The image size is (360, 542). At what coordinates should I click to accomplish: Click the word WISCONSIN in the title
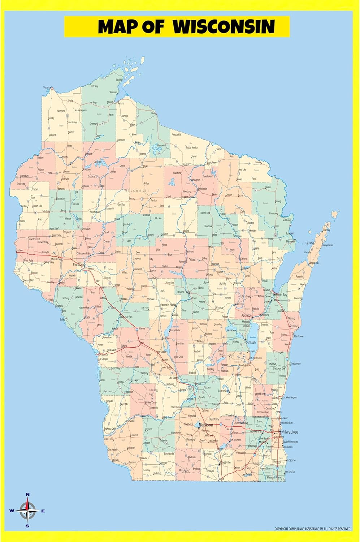224,26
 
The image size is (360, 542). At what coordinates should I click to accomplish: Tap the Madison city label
206,425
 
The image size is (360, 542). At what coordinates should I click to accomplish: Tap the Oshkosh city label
251,343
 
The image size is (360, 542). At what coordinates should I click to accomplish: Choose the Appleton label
247,315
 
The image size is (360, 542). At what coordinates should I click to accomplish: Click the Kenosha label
289,472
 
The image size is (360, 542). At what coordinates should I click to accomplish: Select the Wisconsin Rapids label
168,305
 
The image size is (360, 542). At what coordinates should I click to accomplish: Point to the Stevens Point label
183,292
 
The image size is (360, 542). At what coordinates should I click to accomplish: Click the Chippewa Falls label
84,254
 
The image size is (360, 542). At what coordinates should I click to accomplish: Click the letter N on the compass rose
28,495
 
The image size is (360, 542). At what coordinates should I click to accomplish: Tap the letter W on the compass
12,511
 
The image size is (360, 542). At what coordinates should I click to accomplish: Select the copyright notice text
312,529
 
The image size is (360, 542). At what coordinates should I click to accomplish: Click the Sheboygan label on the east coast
295,364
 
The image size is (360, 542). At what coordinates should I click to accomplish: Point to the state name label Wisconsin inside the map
136,190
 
